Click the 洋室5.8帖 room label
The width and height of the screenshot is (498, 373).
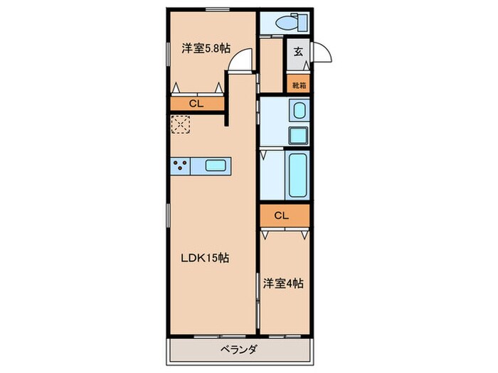(206, 48)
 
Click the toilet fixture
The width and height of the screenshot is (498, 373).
(284, 21)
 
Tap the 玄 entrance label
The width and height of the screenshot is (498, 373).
(297, 50)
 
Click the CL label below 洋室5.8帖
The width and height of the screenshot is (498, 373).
(196, 104)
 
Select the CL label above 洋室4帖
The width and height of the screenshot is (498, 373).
(282, 215)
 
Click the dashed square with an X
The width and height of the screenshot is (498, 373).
(181, 126)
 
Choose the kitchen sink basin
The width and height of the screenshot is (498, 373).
(216, 167)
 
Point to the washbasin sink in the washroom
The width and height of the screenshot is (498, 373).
(300, 111)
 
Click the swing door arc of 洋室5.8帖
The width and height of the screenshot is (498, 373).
(243, 60)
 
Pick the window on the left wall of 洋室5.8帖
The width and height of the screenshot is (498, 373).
(169, 54)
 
